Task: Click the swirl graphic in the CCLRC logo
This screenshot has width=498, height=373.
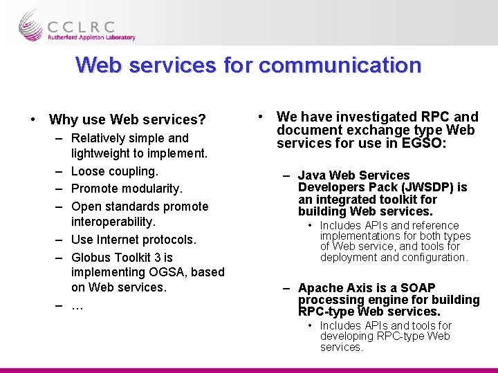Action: point(31,25)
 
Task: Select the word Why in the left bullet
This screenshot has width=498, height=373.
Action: point(64,120)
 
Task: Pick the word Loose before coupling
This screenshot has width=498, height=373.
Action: point(88,171)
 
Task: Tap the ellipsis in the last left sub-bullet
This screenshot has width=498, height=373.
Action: point(77,306)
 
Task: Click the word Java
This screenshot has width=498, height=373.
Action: point(311,175)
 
